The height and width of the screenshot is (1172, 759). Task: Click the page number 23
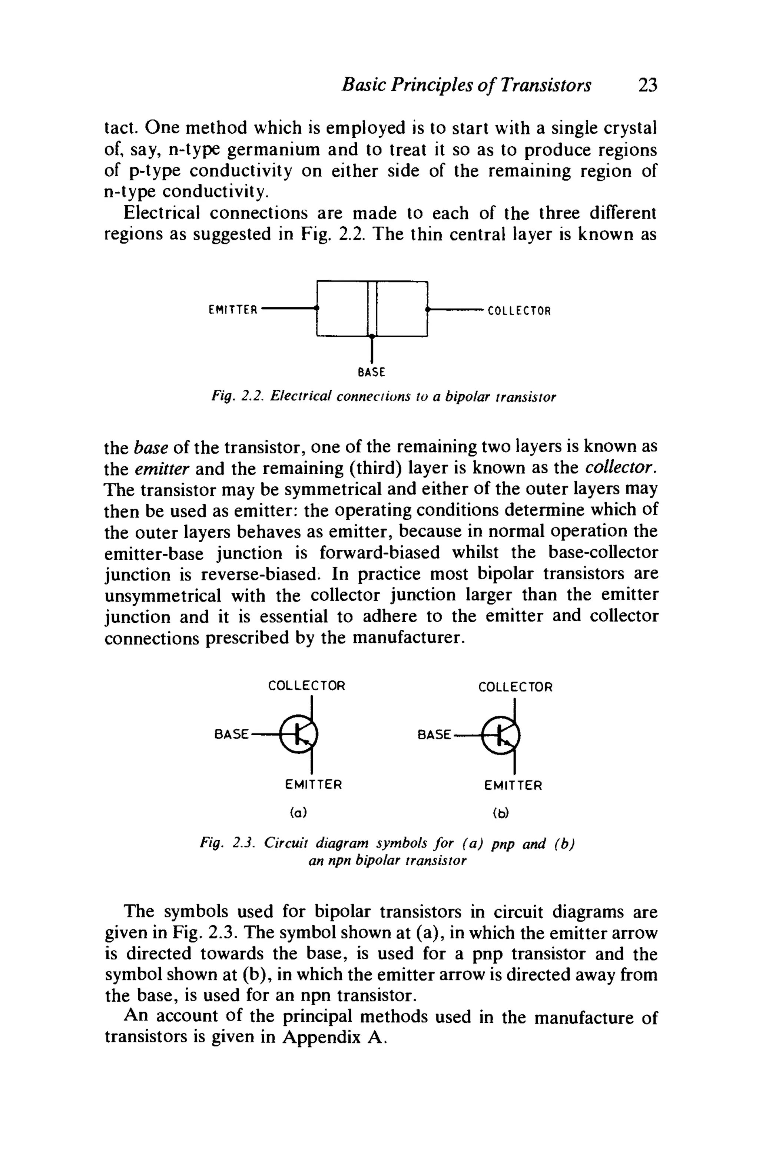[647, 85]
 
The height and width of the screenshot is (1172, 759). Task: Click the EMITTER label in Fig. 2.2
[233, 310]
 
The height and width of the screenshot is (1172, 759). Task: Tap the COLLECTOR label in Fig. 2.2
[518, 311]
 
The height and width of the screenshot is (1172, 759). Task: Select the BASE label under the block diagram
[371, 372]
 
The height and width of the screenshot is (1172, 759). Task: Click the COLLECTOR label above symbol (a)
[306, 686]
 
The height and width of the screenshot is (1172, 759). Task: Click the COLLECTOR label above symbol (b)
[515, 687]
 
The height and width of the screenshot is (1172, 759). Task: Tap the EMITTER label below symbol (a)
[313, 785]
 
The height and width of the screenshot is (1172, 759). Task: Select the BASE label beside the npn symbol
[434, 735]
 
